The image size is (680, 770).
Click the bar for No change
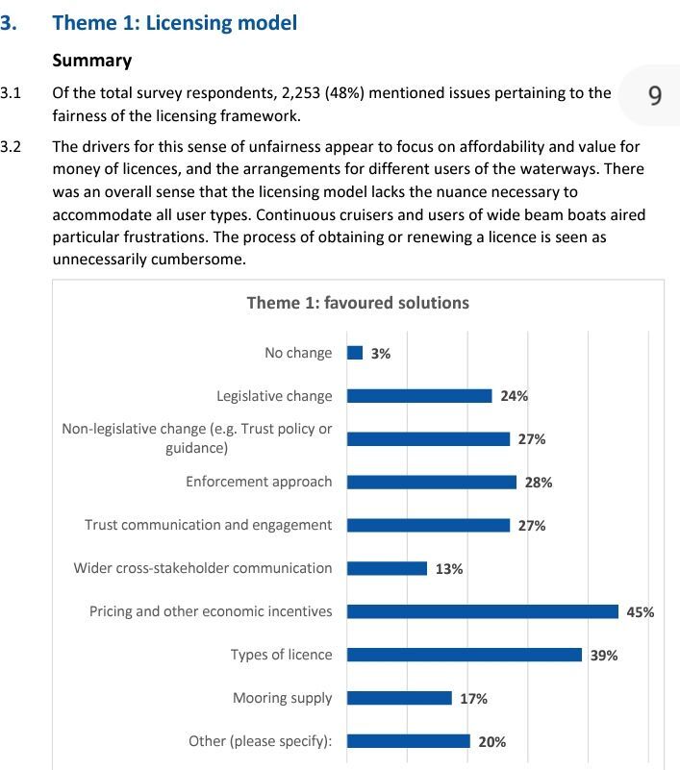pos(355,353)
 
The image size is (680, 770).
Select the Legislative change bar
pos(419,396)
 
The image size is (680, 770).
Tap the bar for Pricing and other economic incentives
pos(483,611)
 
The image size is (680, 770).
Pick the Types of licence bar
pos(465,655)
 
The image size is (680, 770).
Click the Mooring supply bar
pos(399,698)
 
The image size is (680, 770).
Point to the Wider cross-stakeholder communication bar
pos(388,568)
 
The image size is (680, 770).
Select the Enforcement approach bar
pos(432,483)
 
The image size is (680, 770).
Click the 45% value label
pos(641,612)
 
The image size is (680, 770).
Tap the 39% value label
pos(604,655)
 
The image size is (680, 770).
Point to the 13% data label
pos(449,569)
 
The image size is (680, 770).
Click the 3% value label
pos(381,354)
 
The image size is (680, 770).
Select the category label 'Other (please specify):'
pos(261,741)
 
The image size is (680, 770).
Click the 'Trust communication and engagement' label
pos(209,525)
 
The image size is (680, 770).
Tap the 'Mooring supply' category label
pos(283,698)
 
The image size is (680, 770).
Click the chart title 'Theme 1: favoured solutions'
pos(358,303)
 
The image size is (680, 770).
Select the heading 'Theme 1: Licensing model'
pos(175,23)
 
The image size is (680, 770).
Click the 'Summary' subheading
pos(92,61)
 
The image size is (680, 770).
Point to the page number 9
pos(655,95)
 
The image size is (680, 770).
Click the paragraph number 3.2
pos(11,146)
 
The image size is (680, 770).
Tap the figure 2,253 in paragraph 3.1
pos(301,93)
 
